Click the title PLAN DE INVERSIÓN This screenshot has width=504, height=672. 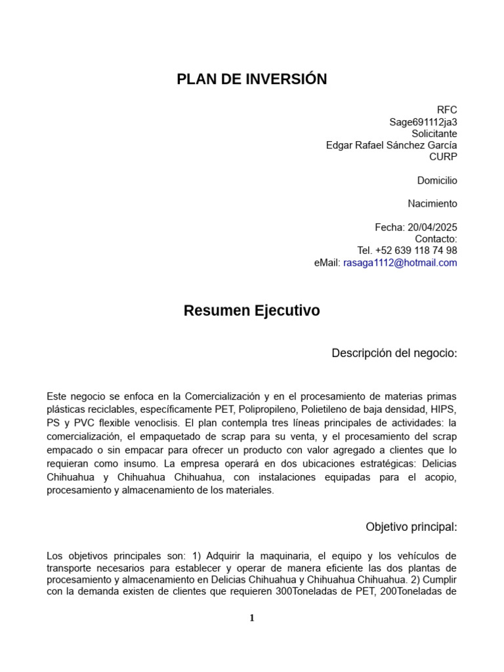point(251,79)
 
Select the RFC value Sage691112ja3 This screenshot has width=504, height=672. point(423,122)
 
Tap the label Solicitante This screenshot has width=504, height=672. point(434,134)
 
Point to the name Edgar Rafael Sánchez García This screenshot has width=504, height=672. point(391,145)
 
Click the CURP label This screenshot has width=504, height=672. point(443,157)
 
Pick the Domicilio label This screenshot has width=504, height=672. point(437,180)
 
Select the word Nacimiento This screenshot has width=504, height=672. point(432,203)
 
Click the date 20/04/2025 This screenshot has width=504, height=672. point(432,227)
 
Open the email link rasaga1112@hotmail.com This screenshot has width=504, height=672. point(400,262)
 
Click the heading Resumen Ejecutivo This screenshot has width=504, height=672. point(251,311)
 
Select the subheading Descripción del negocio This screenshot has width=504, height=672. point(394,353)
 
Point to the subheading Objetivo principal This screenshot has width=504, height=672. point(411,527)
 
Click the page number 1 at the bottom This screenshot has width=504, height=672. point(252,618)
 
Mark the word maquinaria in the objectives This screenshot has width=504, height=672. point(275,556)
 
